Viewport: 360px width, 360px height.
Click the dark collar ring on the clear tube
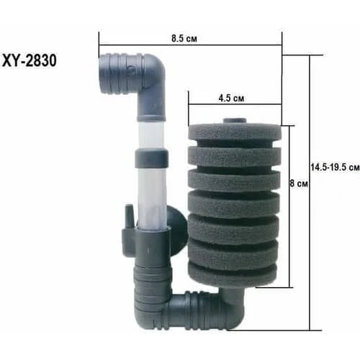pos(153,157)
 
